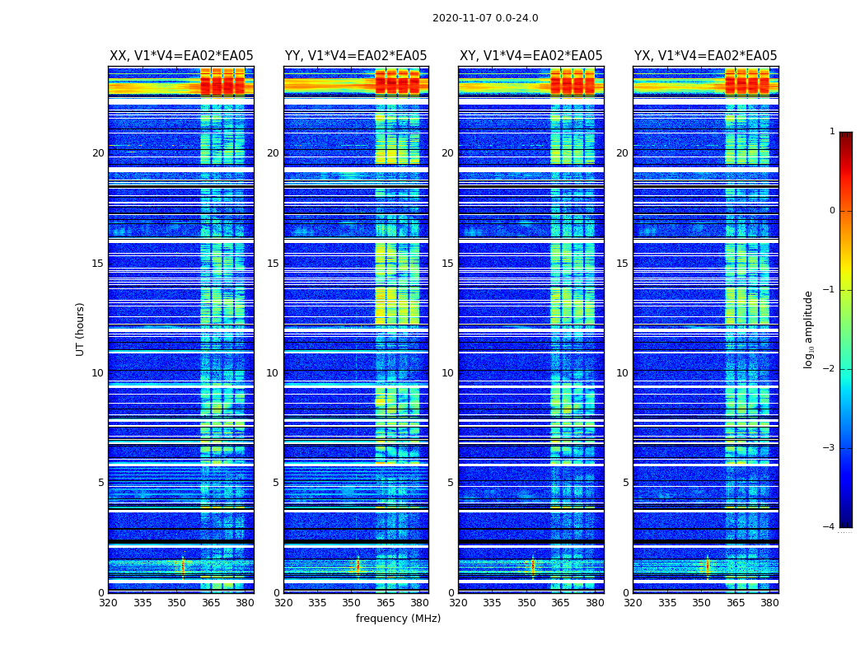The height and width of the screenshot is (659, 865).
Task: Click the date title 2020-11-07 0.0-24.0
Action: (485, 18)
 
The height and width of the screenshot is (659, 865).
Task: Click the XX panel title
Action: (181, 56)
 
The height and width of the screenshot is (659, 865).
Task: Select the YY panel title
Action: (356, 56)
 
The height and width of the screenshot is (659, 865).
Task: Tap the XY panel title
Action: (531, 56)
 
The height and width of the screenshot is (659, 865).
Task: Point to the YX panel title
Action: (705, 56)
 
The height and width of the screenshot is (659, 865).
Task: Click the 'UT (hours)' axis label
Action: (81, 329)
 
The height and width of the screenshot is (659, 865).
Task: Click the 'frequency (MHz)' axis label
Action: (398, 619)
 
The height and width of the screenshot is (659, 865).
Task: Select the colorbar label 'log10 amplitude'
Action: (809, 329)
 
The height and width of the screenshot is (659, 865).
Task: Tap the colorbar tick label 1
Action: (831, 131)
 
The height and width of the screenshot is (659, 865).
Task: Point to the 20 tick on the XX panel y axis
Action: (98, 153)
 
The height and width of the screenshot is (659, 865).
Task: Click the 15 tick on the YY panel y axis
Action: (273, 264)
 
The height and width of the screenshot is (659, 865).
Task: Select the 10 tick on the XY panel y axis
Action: (447, 373)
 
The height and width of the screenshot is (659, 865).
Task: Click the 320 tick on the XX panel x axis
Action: (108, 603)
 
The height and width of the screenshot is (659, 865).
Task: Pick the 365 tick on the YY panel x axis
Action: (386, 603)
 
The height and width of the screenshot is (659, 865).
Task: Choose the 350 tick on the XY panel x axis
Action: (526, 603)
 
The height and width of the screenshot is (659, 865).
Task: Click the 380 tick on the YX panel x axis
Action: (769, 603)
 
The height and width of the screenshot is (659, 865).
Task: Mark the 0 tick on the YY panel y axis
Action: (276, 592)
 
